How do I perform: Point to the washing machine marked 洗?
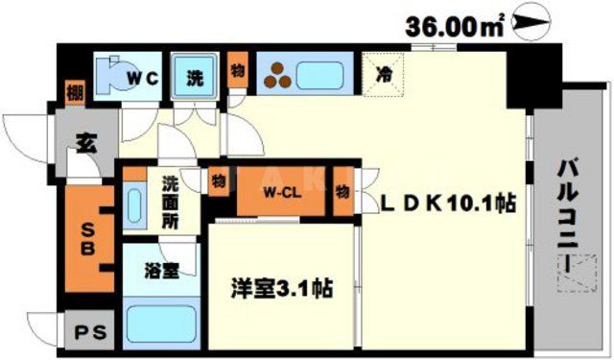coord(195,74)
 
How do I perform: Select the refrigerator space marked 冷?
coord(384,72)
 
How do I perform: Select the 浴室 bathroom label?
coord(160,271)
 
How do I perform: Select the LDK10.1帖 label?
coord(449,204)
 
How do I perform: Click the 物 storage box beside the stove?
coord(236,71)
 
